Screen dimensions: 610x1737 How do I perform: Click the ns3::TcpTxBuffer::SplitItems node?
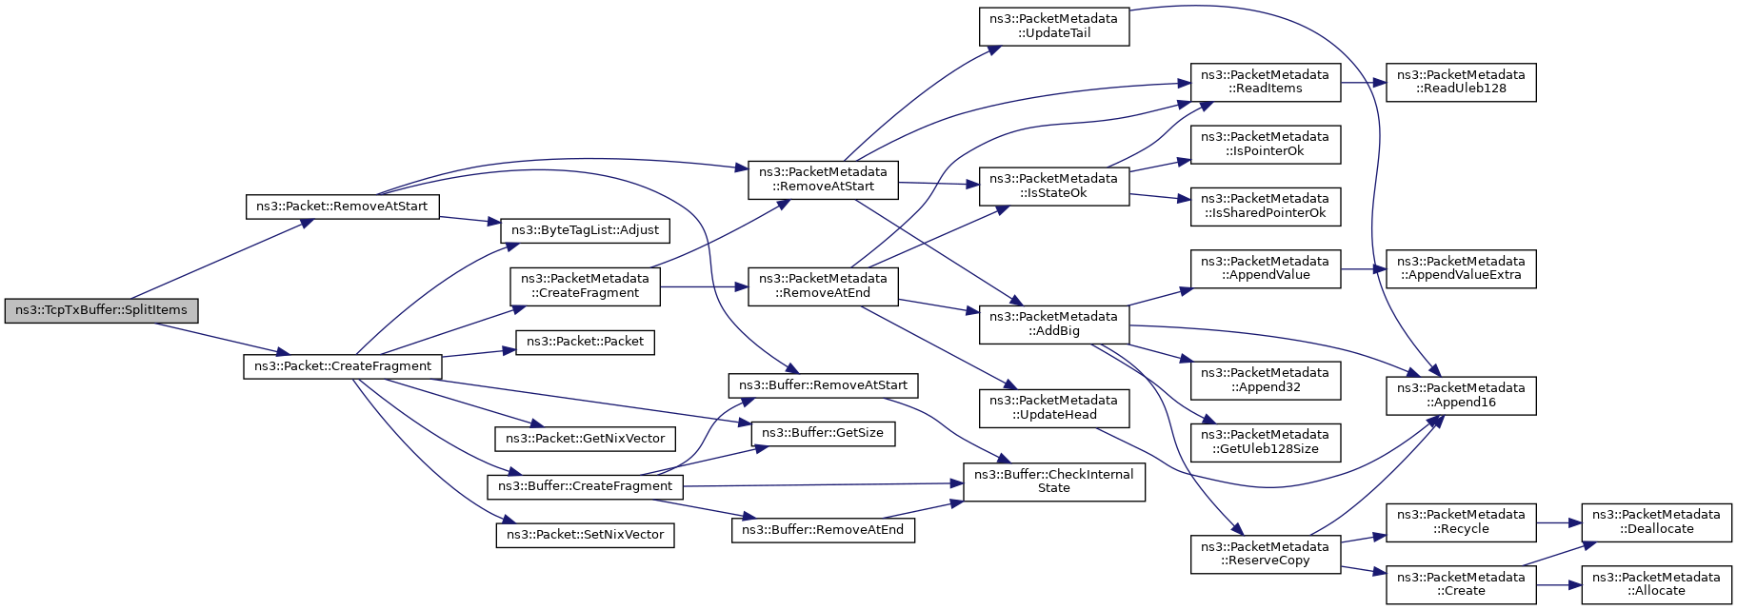102,311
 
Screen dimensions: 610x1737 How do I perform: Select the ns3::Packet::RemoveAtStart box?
342,207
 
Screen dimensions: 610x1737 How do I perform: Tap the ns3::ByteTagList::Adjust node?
585,230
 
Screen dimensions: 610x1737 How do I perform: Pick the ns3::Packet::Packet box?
585,342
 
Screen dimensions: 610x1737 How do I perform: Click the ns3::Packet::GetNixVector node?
585,439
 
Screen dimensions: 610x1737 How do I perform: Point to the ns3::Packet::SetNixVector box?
585,535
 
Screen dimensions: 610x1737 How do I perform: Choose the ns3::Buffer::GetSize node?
823,433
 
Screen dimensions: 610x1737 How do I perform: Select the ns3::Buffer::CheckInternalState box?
1053,482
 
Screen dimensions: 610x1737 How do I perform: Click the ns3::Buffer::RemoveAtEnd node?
823,530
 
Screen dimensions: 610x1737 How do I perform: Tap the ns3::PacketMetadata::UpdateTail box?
1053,26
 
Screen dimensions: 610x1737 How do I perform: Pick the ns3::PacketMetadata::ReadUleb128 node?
1460,82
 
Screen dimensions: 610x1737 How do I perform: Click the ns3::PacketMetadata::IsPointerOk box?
1265,144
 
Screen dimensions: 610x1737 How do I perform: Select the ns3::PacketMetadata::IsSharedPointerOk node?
1265,206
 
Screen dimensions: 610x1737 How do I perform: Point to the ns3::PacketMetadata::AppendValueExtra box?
1460,268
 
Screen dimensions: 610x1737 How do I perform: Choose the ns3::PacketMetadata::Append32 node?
1265,380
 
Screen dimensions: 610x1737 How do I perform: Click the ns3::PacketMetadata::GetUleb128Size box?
1265,442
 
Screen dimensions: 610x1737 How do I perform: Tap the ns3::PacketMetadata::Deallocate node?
1656,521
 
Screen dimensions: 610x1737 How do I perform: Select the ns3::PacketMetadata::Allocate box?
1656,584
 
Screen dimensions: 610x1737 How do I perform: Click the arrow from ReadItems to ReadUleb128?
1363,83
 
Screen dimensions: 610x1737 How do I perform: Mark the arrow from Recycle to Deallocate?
1559,522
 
